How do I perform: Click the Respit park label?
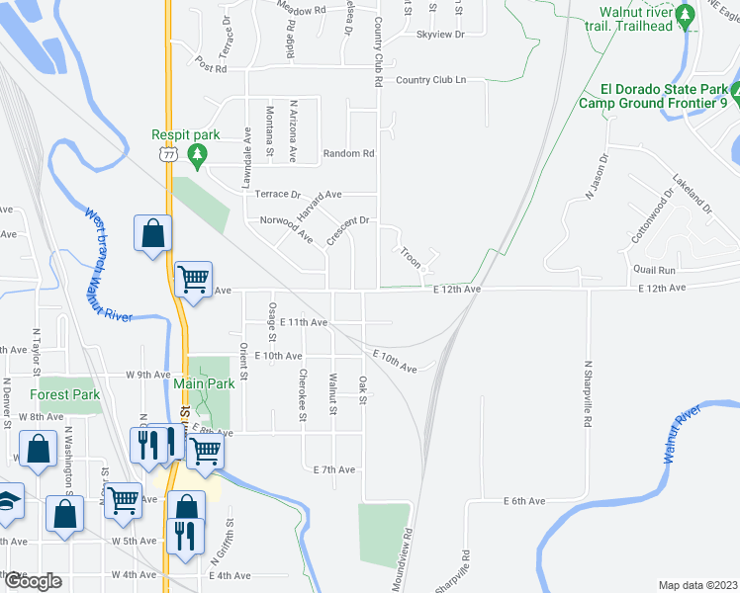coord(184,135)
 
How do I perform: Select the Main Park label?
coord(203,383)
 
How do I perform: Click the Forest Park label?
coord(65,394)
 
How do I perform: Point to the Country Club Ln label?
coord(428,80)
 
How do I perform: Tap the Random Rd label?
coord(349,153)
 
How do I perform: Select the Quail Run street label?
coord(655,270)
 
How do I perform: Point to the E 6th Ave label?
coord(523,501)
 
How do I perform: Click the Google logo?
coord(32,581)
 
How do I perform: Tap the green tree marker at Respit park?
coord(197,153)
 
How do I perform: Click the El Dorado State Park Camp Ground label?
coord(653,95)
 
